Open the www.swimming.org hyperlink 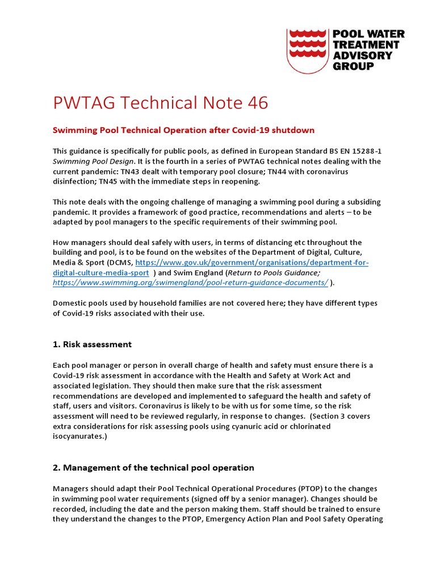[190, 282]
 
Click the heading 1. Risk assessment [92, 344]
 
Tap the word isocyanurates [78, 436]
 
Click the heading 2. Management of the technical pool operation [153, 468]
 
